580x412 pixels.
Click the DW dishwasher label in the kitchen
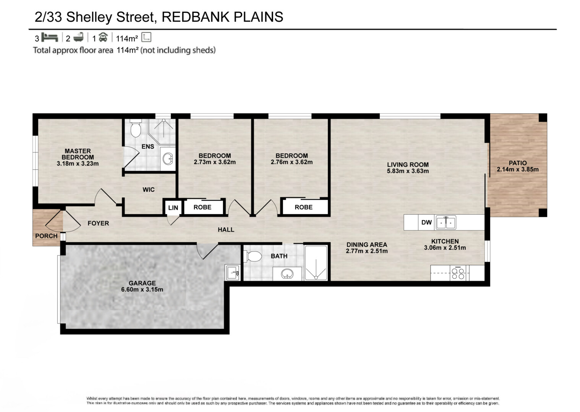(426, 222)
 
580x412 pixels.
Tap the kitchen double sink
(446, 222)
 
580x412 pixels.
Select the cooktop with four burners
(458, 273)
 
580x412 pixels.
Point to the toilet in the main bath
(253, 256)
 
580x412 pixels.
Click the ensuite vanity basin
(168, 158)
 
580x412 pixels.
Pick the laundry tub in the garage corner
(232, 273)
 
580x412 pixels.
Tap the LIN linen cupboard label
(173, 208)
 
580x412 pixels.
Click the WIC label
(149, 190)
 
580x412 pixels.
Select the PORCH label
(46, 236)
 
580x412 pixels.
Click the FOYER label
(98, 223)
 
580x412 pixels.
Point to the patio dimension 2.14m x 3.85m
(518, 169)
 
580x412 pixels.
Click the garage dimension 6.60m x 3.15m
(142, 290)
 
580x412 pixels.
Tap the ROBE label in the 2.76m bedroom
(304, 207)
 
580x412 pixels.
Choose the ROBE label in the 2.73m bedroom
(203, 207)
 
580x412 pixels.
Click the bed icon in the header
(49, 37)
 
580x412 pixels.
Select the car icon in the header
(103, 37)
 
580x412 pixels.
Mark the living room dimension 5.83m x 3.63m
(408, 171)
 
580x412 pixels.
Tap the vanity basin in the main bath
(287, 273)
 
